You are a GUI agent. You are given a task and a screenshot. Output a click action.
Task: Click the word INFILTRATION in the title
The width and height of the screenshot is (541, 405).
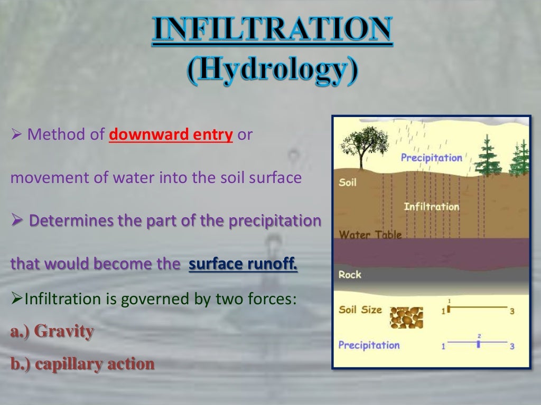(x=272, y=31)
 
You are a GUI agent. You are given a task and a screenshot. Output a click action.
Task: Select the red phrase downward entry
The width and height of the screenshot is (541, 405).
(x=171, y=135)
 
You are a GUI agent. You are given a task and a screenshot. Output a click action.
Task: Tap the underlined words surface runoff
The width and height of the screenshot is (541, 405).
(x=243, y=264)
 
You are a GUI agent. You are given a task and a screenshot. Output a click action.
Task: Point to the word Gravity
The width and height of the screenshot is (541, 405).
(x=64, y=332)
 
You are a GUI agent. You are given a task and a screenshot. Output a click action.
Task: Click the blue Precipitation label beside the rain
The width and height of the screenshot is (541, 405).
(x=431, y=157)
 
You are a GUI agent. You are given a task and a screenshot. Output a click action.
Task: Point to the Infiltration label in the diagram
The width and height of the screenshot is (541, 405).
(x=431, y=207)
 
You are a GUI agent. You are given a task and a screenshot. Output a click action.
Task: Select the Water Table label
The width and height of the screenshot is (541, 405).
(x=370, y=235)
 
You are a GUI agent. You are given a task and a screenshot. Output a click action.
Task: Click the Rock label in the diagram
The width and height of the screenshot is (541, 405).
(x=350, y=274)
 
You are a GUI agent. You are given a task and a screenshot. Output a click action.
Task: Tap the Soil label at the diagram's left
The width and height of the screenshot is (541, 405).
(x=348, y=183)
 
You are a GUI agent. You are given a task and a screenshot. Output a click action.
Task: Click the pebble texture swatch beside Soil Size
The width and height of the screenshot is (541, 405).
(x=406, y=317)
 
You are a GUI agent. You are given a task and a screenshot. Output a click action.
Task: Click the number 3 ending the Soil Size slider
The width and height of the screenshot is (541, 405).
(x=512, y=311)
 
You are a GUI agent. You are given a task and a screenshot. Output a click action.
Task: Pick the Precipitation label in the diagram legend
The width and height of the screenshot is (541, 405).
(x=369, y=345)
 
